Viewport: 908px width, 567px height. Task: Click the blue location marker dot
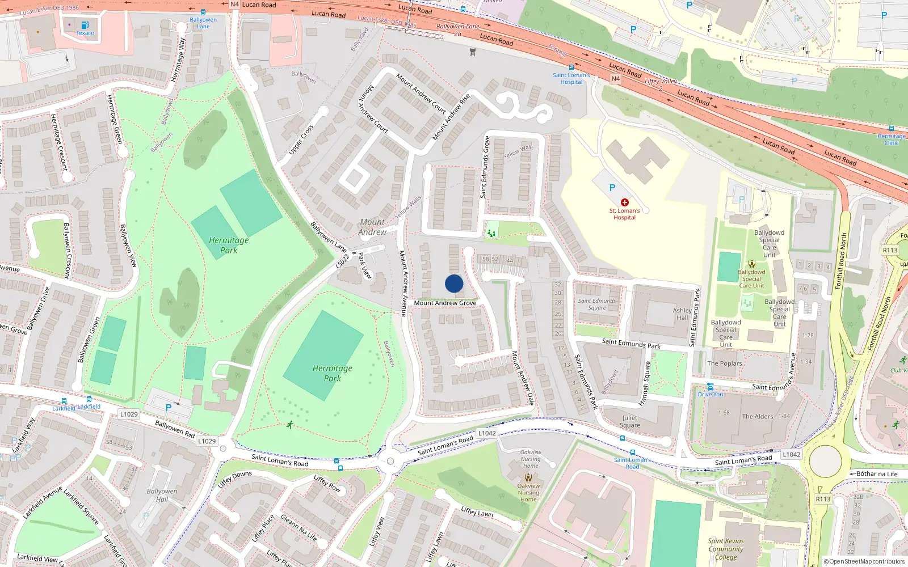[x=454, y=283]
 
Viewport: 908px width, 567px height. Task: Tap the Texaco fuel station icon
[x=85, y=25]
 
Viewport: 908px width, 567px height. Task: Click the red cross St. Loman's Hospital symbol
[x=625, y=202]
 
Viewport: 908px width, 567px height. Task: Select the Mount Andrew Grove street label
[x=445, y=303]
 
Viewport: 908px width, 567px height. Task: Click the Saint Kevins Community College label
[x=726, y=549]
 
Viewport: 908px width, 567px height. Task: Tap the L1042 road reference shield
[x=487, y=433]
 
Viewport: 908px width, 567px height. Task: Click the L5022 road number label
[x=342, y=261]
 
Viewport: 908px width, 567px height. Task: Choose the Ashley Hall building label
[x=682, y=314]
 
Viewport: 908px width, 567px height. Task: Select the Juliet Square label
[x=629, y=422]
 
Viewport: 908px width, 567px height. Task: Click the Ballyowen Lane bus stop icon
[x=203, y=12]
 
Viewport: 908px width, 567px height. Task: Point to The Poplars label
[x=724, y=363]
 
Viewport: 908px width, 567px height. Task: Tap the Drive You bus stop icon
[x=710, y=387]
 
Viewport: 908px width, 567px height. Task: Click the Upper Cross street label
[x=301, y=139]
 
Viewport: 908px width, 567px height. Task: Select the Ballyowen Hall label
[x=162, y=495]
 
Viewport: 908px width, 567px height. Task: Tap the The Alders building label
[x=758, y=416]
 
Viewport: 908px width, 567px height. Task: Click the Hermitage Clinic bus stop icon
[x=892, y=129]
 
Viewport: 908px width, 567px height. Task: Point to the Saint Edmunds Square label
[x=596, y=304]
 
